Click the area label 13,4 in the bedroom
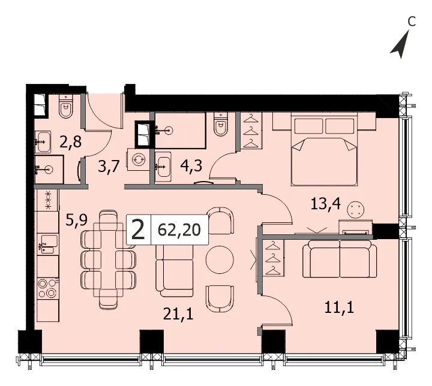(325, 204)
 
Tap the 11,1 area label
(339, 307)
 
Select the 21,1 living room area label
(178, 314)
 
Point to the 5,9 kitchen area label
(77, 220)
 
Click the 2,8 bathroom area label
(71, 142)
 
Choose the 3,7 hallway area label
(109, 166)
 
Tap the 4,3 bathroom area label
(191, 166)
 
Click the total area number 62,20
(179, 230)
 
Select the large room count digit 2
(139, 230)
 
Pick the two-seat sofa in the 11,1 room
(340, 259)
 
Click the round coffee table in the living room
(220, 260)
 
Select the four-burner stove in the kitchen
(47, 288)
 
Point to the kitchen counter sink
(47, 244)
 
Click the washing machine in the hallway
(137, 159)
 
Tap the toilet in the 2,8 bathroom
(66, 107)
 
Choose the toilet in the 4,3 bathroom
(221, 124)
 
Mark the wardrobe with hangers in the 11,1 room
(272, 258)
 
